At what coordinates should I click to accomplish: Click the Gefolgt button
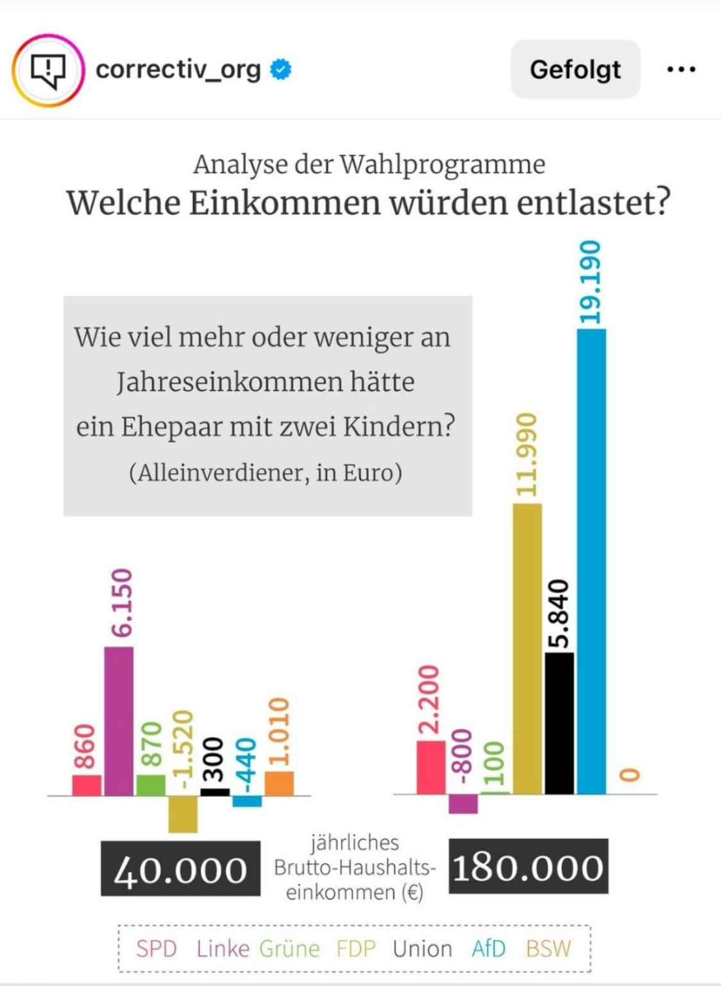click(575, 69)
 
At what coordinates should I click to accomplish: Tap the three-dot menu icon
click(681, 69)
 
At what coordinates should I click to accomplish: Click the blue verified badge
click(280, 69)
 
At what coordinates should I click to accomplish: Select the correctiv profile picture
click(48, 70)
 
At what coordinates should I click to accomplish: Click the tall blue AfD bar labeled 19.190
click(591, 561)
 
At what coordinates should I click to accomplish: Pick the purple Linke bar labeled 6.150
click(119, 720)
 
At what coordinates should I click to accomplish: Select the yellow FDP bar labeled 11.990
click(527, 648)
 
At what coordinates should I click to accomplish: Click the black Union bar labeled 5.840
click(559, 723)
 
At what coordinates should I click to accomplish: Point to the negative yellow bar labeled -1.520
click(183, 814)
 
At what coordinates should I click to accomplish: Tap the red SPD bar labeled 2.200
click(430, 767)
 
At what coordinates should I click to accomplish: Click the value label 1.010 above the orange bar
click(279, 732)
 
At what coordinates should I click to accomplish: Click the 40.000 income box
click(180, 869)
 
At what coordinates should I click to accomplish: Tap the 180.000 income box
click(528, 867)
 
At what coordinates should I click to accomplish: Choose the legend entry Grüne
click(289, 948)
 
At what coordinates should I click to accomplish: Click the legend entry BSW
click(548, 948)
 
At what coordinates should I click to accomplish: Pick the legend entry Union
click(422, 948)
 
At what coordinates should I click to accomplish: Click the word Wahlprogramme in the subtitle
click(442, 164)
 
